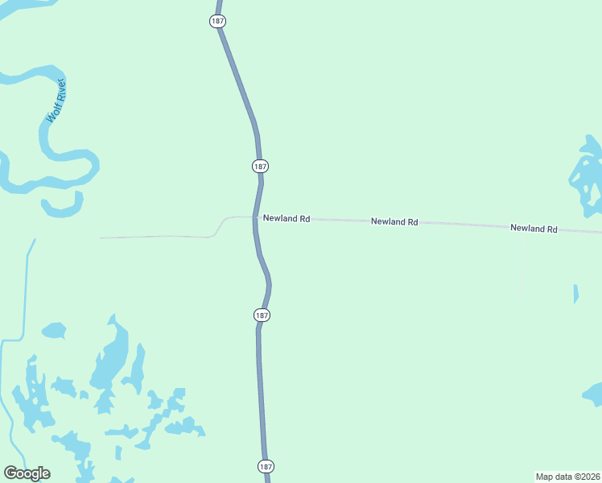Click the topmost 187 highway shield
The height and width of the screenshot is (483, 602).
click(x=217, y=22)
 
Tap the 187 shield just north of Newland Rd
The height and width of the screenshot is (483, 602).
click(x=259, y=166)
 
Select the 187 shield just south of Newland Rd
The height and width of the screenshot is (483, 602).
click(x=262, y=315)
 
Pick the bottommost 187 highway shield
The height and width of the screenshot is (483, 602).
click(x=266, y=466)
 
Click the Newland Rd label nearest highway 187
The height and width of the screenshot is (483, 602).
click(x=286, y=218)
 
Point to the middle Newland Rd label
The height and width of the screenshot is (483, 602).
click(x=394, y=221)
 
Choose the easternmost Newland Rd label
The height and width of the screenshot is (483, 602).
click(x=534, y=229)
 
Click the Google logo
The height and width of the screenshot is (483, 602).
click(x=27, y=473)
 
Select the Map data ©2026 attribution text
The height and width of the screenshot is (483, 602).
click(x=567, y=476)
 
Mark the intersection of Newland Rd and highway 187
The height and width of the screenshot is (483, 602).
click(x=256, y=217)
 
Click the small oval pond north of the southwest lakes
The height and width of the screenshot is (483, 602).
click(x=53, y=330)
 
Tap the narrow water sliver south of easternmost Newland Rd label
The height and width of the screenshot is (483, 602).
click(x=575, y=294)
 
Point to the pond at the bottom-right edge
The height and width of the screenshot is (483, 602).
click(x=593, y=394)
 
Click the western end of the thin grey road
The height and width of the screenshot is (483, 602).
click(x=101, y=237)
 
